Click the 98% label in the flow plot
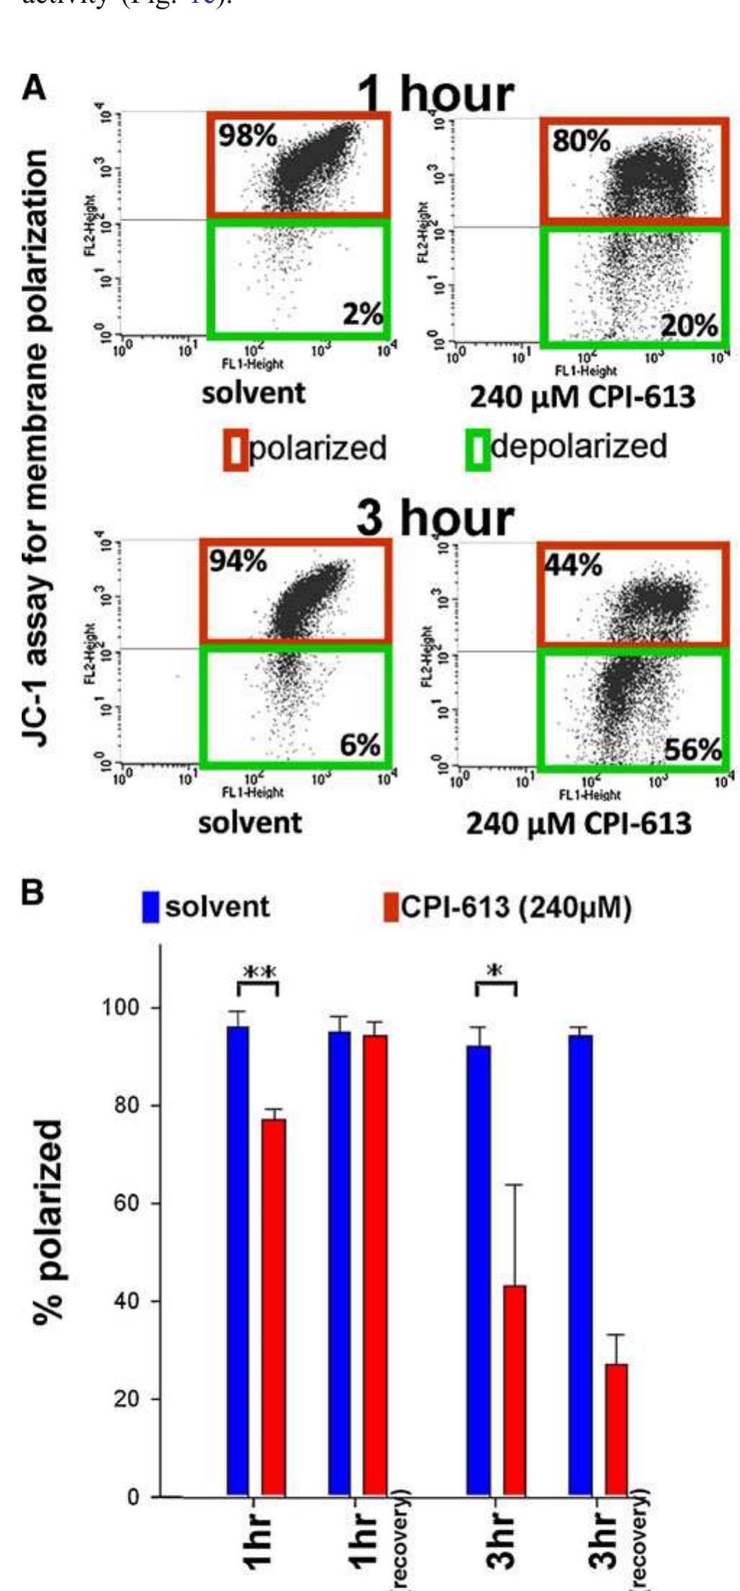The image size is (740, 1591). click(x=248, y=136)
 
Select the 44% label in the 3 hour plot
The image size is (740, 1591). click(x=573, y=565)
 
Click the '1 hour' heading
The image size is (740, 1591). click(x=436, y=95)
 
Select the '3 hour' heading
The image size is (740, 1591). click(x=436, y=519)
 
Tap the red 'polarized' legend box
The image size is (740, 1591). click(x=237, y=449)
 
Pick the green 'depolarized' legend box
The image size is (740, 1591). click(x=478, y=448)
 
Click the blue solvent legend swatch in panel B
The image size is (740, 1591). click(x=150, y=907)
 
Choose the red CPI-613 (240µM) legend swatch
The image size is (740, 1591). click(x=391, y=907)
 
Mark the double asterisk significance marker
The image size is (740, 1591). click(x=259, y=973)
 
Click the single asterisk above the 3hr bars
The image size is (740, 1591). click(x=495, y=972)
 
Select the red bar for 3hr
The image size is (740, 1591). click(x=514, y=1390)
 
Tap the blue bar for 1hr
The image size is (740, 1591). click(x=238, y=1260)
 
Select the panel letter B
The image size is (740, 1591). click(x=32, y=893)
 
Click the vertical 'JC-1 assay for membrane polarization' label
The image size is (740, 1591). click(x=35, y=448)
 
